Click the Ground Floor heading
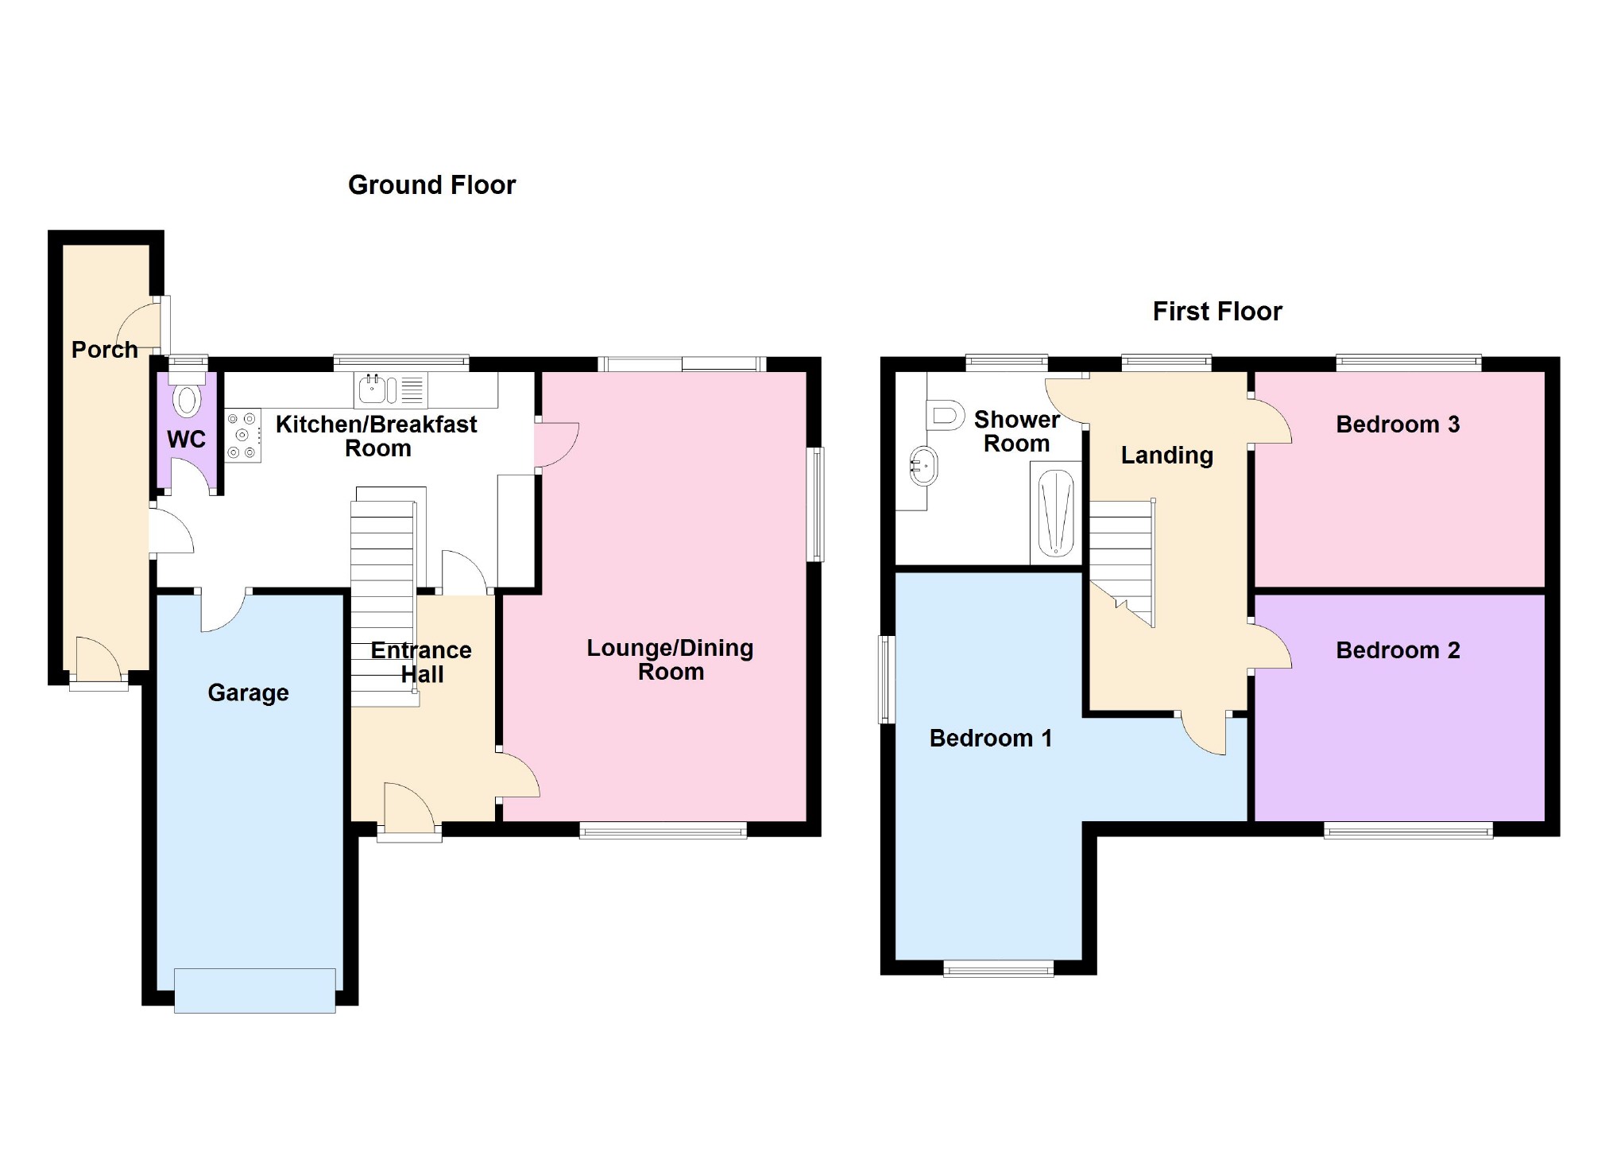coord(431,184)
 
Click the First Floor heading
coord(1216,311)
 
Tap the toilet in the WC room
coord(187,400)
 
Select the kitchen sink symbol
coord(373,390)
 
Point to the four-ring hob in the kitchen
coord(242,435)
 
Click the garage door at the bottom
coord(254,990)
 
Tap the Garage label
coord(248,692)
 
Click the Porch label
coord(104,349)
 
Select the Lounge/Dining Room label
coord(670,659)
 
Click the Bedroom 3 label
coord(1397,424)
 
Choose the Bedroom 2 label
coord(1397,649)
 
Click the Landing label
coord(1166,455)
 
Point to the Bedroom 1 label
coord(990,738)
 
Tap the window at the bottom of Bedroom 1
coord(998,967)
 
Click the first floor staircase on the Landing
coord(1120,556)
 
